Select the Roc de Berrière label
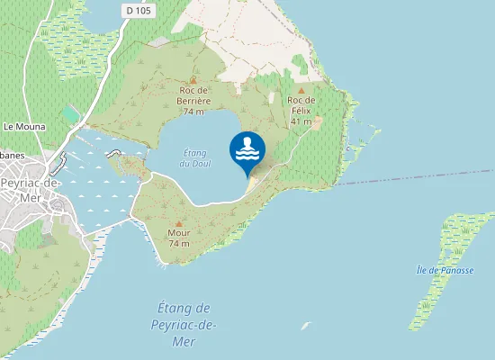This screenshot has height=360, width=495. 194,95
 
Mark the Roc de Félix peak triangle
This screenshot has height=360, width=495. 301,90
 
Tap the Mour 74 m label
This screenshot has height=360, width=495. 178,238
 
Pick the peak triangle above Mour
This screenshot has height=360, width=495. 178,223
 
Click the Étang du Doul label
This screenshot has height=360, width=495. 194,158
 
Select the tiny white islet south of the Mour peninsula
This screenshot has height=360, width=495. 305,326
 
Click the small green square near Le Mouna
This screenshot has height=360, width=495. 71,114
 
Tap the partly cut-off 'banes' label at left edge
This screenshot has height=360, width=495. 13,156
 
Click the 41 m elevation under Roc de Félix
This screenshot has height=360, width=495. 301,121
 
